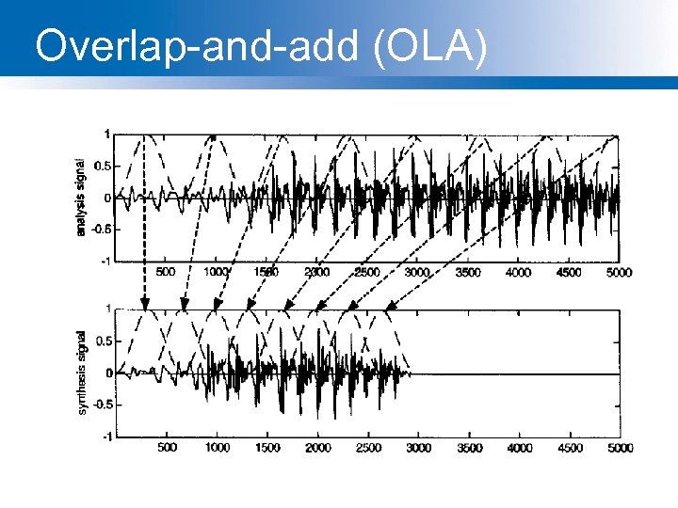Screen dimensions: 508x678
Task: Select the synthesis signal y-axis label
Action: [x=82, y=372]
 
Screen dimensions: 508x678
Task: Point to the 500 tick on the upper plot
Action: [x=166, y=272]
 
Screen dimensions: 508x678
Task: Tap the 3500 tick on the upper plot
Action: [x=468, y=272]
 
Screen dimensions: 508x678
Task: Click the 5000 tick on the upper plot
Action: [x=620, y=272]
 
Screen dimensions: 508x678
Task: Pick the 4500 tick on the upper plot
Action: [x=570, y=272]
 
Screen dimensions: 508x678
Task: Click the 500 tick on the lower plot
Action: [x=166, y=448]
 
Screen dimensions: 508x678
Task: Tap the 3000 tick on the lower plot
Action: [x=418, y=448]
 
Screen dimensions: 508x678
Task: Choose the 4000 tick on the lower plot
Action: [x=519, y=448]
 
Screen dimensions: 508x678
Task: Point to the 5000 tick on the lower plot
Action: [x=620, y=448]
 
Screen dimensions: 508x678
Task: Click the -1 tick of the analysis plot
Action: [x=107, y=261]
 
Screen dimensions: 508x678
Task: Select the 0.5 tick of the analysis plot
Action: [x=104, y=166]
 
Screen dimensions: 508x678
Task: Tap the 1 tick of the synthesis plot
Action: [x=109, y=309]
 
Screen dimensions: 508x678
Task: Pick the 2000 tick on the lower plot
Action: [x=317, y=448]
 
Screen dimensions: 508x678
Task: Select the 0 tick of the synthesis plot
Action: [x=109, y=373]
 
